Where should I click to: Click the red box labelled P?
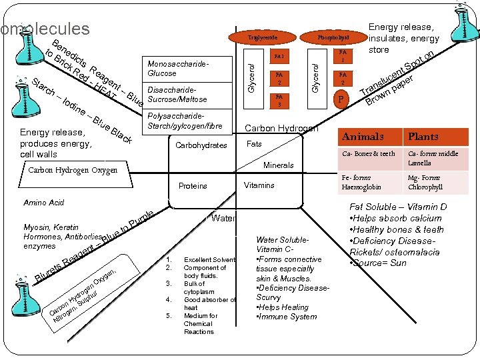tap(341, 101)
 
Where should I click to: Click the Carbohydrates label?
tap(201, 145)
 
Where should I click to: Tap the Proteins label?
tap(193, 186)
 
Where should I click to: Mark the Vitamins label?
tap(259, 185)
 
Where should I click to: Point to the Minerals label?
tap(278, 165)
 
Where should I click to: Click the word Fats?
tap(254, 144)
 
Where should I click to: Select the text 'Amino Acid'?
tap(43, 202)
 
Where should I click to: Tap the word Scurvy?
tap(269, 297)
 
